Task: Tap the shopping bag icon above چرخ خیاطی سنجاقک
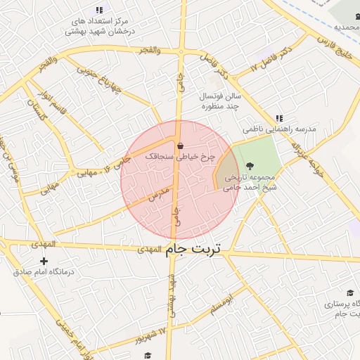point(181,146)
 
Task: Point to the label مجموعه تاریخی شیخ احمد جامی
point(251,183)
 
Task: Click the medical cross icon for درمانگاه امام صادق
point(44,261)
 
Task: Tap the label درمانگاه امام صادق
point(44,271)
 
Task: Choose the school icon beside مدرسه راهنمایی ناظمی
point(279,119)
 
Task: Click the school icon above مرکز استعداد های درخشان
point(98,10)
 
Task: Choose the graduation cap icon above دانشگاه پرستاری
point(349,292)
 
